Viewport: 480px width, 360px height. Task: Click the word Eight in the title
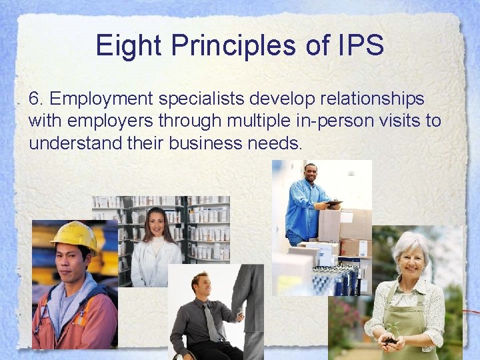[127, 45]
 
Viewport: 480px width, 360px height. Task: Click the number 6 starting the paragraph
[35, 99]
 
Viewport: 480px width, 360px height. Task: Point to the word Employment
[101, 99]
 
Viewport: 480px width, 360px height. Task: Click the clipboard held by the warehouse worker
[333, 203]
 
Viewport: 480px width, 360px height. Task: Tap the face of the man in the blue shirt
[311, 175]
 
